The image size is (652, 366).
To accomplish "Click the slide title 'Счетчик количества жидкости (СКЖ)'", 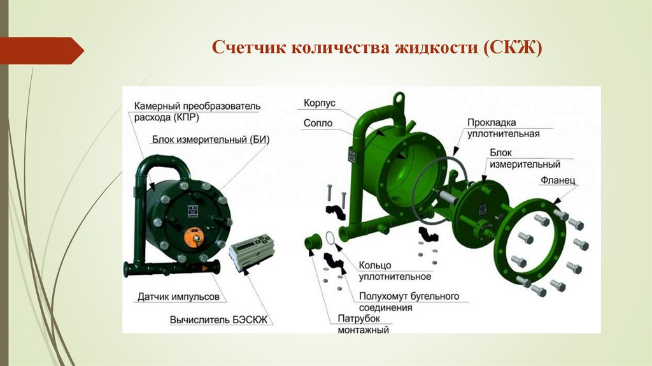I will pyautogui.click(x=376, y=48).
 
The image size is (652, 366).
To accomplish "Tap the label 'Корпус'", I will pyautogui.click(x=320, y=103).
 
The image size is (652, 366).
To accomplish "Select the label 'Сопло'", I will pyautogui.click(x=318, y=122).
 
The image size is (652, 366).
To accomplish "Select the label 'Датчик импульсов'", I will pyautogui.click(x=178, y=296).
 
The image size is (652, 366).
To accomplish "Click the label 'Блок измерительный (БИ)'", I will pyautogui.click(x=202, y=140).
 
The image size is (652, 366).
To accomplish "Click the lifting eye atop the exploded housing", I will pyautogui.click(x=399, y=99).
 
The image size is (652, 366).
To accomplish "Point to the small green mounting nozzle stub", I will pyautogui.click(x=313, y=243).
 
